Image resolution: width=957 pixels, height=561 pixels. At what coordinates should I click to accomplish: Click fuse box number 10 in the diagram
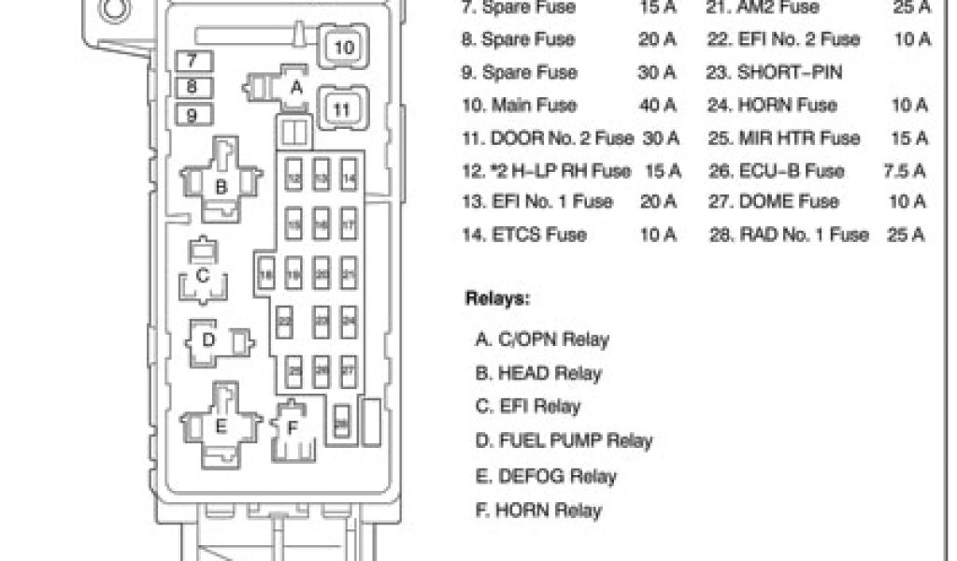[344, 48]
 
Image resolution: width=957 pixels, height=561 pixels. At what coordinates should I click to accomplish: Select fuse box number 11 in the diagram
[342, 109]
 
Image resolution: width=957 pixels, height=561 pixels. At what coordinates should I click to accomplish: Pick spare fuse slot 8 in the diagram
[193, 88]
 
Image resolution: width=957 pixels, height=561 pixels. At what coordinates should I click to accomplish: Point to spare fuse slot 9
[193, 116]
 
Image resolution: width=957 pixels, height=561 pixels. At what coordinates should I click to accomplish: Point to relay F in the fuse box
[293, 430]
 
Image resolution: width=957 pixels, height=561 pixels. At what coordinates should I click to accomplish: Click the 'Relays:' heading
[498, 300]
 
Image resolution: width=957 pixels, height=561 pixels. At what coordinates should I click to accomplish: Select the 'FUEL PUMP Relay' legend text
[564, 440]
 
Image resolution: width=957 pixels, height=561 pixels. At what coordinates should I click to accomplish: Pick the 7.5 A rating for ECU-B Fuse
[906, 170]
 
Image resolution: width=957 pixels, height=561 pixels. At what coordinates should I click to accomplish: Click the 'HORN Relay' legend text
[538, 511]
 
